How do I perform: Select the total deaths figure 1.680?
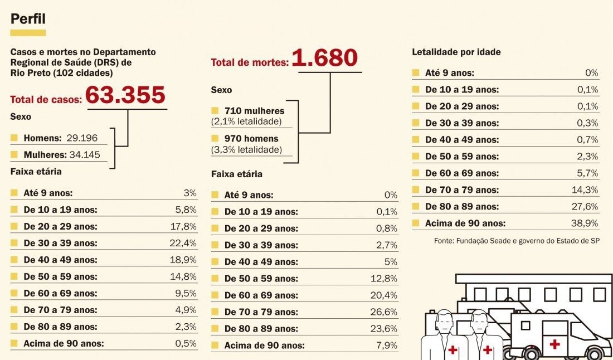pos(324,58)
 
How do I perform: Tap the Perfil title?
pos(28,20)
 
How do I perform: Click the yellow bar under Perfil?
pos(28,33)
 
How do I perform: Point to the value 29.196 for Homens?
pos(82,138)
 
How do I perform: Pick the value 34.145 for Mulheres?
pos(85,154)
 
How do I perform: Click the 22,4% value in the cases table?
pos(183,243)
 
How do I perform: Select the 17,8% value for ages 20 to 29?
pos(183,226)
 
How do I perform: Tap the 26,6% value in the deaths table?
pos(384,312)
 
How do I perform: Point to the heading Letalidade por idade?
pos(456,52)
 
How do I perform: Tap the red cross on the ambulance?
pos(554,344)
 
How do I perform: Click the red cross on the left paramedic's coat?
pos(453,350)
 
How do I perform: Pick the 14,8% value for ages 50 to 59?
pos(183,276)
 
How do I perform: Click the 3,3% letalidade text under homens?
pos(246,149)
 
